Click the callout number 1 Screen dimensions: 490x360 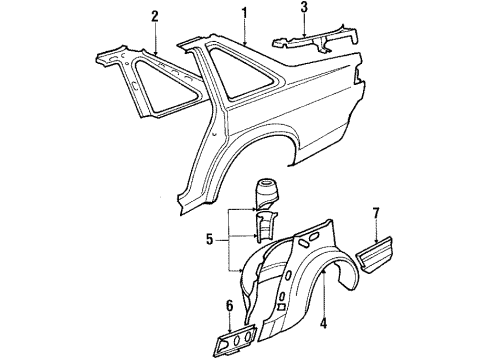point(245,13)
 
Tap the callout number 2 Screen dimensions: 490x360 point(155,17)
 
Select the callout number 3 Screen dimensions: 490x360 point(304,7)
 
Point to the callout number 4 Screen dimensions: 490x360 point(323,323)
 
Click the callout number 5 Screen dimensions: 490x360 point(209,240)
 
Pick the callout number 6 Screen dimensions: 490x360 point(230,306)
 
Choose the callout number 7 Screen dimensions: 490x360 point(376,213)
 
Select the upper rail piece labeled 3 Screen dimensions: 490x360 point(315,40)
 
